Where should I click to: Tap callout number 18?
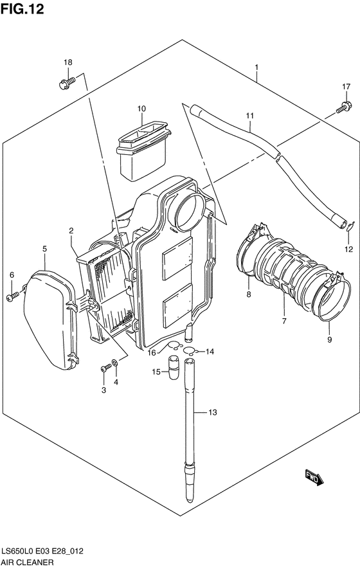[x=67, y=62]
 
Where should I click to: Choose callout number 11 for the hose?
[x=249, y=116]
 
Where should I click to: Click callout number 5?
[x=44, y=248]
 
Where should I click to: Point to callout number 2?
[x=71, y=230]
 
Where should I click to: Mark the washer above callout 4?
[x=114, y=365]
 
